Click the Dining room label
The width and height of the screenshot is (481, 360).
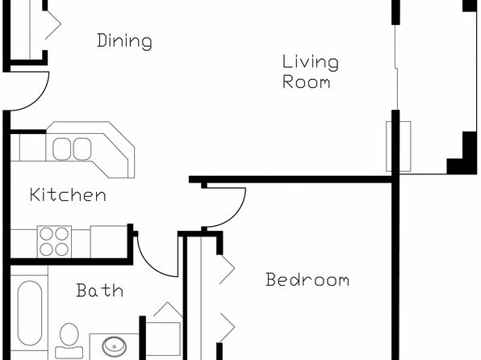point(124,41)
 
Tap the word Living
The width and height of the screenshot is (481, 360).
point(311,63)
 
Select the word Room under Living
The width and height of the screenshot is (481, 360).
point(307,82)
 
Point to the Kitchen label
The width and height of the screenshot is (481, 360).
point(68,195)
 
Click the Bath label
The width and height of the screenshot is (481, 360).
point(100,290)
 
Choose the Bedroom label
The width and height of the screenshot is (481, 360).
point(307,279)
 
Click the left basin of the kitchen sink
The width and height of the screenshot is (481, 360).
point(61,149)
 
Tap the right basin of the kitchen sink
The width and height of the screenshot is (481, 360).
point(82,149)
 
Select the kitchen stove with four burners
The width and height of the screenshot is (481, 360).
point(54,242)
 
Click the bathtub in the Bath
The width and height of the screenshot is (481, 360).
point(29,313)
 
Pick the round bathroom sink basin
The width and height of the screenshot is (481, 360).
point(114,346)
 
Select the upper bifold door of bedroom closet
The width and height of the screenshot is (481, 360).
point(227,269)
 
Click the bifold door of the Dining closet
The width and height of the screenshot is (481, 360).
point(53,24)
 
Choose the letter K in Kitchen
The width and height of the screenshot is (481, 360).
point(36,195)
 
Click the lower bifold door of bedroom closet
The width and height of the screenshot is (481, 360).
point(227,328)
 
